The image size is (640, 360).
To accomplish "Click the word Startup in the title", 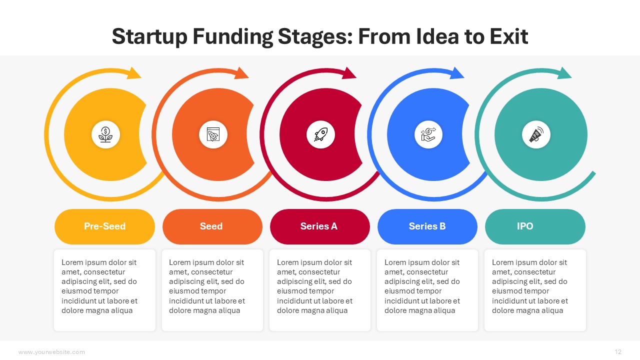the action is click(x=149, y=37).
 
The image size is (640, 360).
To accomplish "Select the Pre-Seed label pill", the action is click(x=104, y=226).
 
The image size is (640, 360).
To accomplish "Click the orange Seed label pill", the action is click(x=212, y=226).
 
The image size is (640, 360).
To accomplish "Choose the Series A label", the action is click(x=319, y=226).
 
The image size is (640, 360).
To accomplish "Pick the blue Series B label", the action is click(x=427, y=226).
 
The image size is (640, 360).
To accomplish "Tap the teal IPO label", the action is click(x=535, y=226).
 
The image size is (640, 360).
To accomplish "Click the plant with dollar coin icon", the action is click(x=105, y=134).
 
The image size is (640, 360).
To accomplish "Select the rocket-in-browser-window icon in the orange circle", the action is click(x=213, y=134).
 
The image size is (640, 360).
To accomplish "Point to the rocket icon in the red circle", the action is click(x=320, y=134).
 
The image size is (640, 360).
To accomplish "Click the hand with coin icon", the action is click(x=428, y=134).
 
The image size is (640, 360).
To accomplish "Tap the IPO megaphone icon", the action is click(x=536, y=134).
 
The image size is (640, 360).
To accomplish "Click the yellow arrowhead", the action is click(x=133, y=73).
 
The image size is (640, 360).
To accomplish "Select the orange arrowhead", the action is click(x=240, y=73).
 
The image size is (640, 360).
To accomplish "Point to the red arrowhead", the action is click(x=348, y=73).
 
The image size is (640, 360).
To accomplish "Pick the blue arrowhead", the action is click(x=456, y=73).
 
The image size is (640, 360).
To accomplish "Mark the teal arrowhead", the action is click(x=563, y=73).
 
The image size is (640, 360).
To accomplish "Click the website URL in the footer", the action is click(x=51, y=352).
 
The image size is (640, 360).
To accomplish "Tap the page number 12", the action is click(x=618, y=351).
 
